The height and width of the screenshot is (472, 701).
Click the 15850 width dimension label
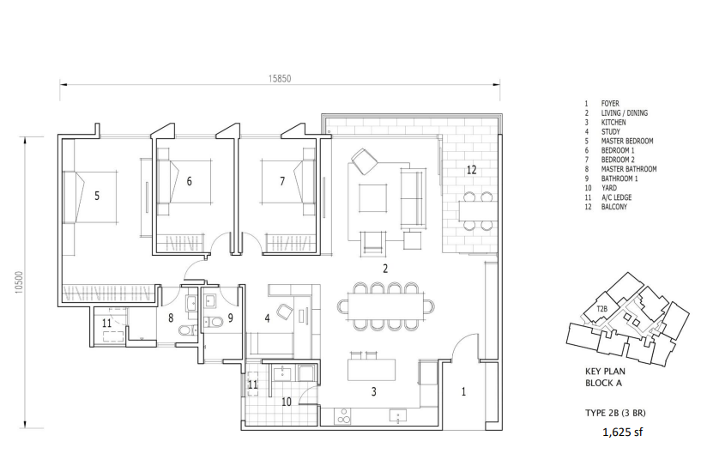click(280, 79)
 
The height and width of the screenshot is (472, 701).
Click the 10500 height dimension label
click(18, 282)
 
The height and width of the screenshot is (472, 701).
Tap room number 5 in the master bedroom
click(97, 196)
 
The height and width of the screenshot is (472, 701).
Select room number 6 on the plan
click(189, 181)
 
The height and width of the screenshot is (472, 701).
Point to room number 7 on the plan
click(282, 181)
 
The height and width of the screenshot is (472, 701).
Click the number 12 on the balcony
click(472, 170)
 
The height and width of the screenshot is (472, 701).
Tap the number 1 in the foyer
click(463, 391)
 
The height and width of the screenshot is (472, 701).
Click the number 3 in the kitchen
click(374, 392)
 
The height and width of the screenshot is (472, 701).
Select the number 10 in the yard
click(286, 402)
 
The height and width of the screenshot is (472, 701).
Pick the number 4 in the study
click(268, 318)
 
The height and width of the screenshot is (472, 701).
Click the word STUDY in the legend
click(611, 132)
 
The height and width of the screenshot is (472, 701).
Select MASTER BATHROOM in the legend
click(629, 169)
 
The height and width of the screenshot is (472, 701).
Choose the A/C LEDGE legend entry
click(617, 197)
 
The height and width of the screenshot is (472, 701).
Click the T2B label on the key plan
click(602, 309)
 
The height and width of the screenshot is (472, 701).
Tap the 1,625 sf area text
click(622, 433)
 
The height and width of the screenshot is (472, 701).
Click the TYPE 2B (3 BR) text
click(615, 413)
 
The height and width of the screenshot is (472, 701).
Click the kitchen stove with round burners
click(343, 415)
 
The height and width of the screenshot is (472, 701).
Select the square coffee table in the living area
click(374, 199)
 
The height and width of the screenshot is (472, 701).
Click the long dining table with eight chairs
click(386, 306)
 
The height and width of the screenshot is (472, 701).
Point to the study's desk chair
click(283, 311)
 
